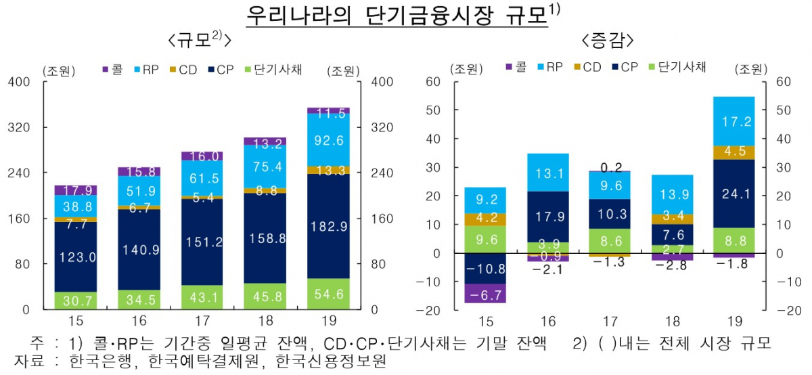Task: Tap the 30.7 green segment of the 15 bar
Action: point(76,300)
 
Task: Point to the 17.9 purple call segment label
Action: point(76,190)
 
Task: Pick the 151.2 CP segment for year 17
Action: point(202,242)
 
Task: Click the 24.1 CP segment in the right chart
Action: point(733,194)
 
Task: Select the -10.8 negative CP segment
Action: point(484,269)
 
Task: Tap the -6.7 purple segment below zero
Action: point(484,293)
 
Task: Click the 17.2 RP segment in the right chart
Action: point(733,122)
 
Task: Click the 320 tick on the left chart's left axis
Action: point(18,127)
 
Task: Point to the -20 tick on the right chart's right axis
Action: point(778,310)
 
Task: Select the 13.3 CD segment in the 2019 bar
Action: point(328,170)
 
